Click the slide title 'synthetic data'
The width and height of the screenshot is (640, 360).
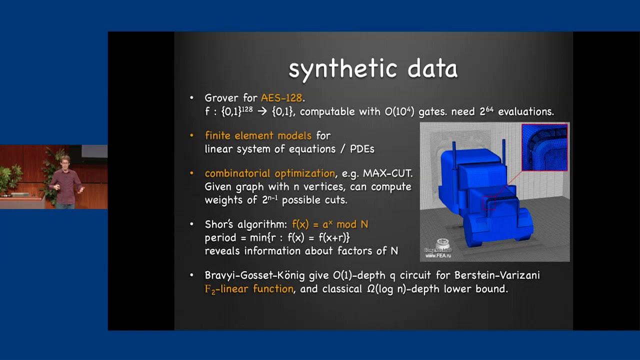coord(373,69)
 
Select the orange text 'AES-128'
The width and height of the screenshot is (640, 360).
coord(281,98)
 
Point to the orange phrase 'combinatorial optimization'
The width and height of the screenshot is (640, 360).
coord(270,173)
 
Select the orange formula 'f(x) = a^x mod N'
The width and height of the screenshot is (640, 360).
coord(330,224)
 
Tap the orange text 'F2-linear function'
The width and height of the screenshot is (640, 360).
coord(249,289)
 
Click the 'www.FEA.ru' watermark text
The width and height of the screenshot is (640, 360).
coord(438,255)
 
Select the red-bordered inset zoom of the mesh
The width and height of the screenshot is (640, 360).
coord(544,147)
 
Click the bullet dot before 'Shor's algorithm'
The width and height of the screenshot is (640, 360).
coord(191,224)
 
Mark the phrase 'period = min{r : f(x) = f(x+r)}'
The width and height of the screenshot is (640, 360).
coord(277,238)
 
